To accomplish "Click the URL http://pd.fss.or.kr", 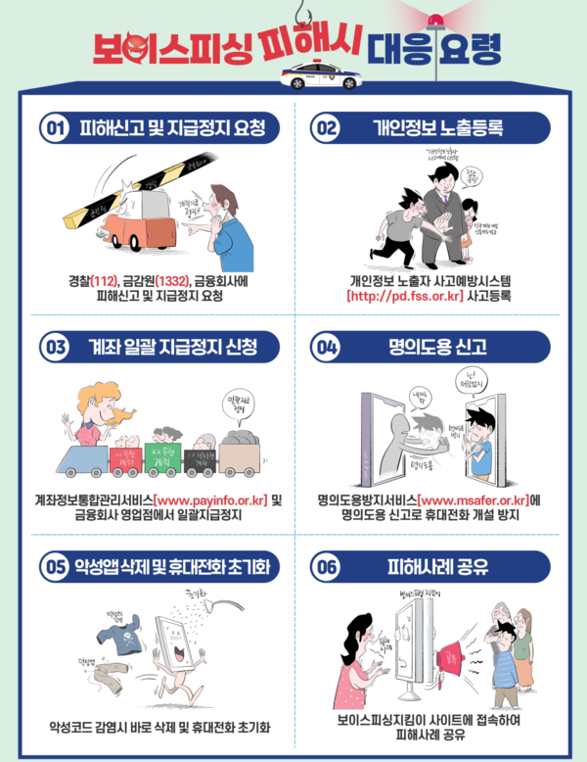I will point(404,295).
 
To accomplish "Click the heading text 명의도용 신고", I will point(436,347).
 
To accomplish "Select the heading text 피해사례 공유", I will point(436,566).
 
